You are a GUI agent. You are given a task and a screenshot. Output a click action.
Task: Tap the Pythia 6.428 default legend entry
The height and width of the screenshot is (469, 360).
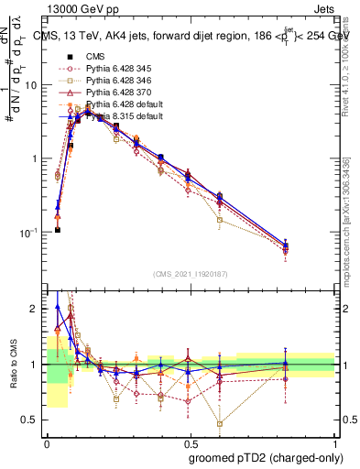[119, 104]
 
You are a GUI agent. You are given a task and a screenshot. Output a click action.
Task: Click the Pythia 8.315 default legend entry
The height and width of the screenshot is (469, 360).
[119, 116]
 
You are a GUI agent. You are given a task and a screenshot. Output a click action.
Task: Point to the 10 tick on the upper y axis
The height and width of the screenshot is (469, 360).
[35, 85]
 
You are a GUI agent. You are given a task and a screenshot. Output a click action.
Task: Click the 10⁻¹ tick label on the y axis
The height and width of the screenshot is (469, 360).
[32, 233]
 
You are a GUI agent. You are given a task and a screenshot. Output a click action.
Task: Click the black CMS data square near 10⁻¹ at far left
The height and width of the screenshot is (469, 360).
[58, 230]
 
